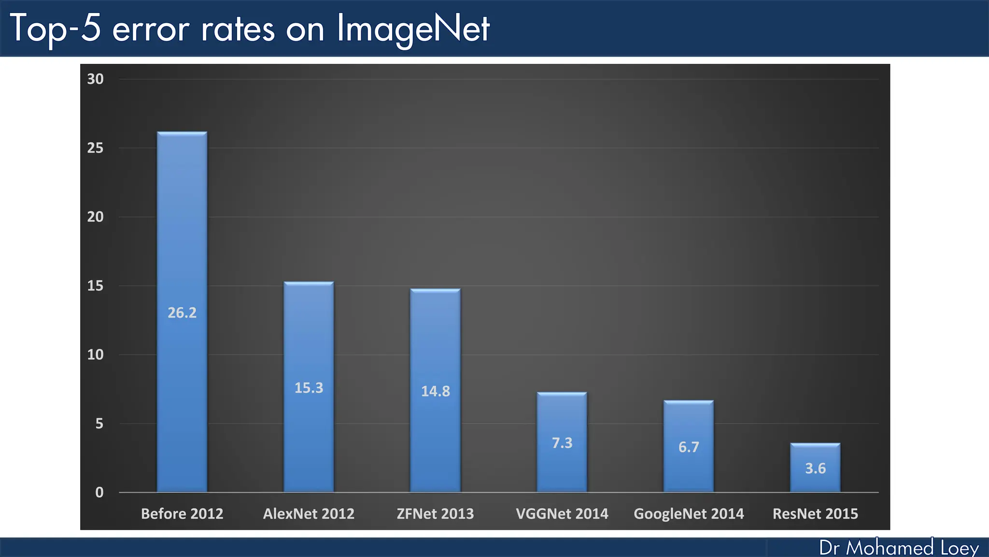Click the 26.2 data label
tap(182, 313)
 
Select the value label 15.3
tap(309, 388)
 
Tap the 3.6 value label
tap(815, 468)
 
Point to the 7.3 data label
tap(562, 443)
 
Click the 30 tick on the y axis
tap(95, 79)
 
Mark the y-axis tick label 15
tap(95, 286)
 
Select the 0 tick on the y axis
tap(99, 492)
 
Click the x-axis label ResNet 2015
tap(815, 513)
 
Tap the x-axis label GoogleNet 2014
tap(689, 513)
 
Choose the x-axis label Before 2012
tap(182, 513)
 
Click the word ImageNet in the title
tap(413, 29)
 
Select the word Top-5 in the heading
tap(55, 29)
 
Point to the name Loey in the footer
tap(960, 548)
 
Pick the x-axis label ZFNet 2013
tap(435, 513)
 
